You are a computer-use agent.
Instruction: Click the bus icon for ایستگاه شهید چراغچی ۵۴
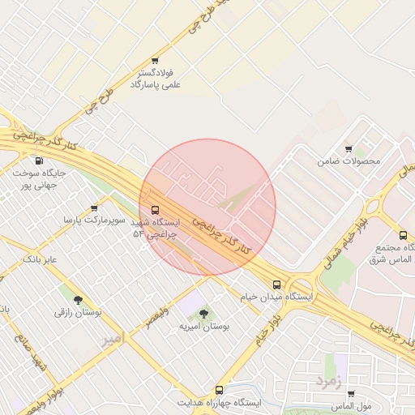coord(156,210)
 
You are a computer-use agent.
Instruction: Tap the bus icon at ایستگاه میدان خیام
coord(277,285)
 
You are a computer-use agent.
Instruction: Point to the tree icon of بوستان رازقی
coord(78,300)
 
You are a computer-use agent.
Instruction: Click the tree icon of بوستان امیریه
coord(203,313)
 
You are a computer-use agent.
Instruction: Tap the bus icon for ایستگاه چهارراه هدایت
coord(218,390)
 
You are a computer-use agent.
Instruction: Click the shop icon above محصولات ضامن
coord(349,149)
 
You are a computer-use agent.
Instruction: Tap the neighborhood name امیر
coord(115,340)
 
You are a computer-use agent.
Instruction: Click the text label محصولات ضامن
coord(349,161)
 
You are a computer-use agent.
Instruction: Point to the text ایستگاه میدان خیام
coord(276,297)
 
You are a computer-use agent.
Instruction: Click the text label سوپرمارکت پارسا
coord(96,220)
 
